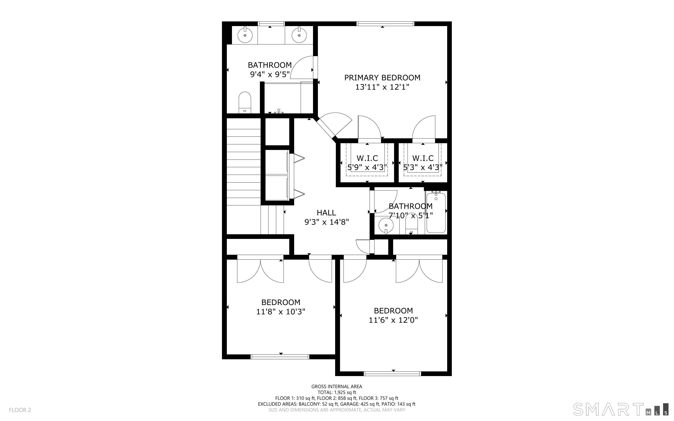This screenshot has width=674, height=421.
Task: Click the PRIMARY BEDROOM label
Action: (382, 78)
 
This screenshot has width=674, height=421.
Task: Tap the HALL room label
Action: (326, 213)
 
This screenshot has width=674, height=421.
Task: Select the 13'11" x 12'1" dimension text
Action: (382, 87)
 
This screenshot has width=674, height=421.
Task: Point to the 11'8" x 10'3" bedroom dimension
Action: (281, 312)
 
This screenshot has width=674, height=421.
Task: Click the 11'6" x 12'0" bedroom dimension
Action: (393, 320)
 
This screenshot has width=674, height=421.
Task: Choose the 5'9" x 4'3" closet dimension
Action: (367, 167)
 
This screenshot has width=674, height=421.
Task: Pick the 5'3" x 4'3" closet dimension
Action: (423, 167)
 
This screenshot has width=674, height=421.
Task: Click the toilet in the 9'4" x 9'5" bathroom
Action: (245, 102)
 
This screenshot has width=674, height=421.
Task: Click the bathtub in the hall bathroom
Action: (436, 212)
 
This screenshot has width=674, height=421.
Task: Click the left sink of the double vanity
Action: (245, 35)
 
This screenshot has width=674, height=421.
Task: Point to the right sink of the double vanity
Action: (299, 35)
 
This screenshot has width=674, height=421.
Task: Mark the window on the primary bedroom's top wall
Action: (386, 24)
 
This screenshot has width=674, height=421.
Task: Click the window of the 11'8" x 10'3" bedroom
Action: (280, 357)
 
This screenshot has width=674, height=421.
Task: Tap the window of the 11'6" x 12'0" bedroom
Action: (392, 374)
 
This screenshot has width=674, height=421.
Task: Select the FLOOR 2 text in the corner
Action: (20, 410)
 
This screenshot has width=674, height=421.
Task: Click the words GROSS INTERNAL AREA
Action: (337, 387)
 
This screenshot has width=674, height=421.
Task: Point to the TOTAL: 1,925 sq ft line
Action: (337, 392)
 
